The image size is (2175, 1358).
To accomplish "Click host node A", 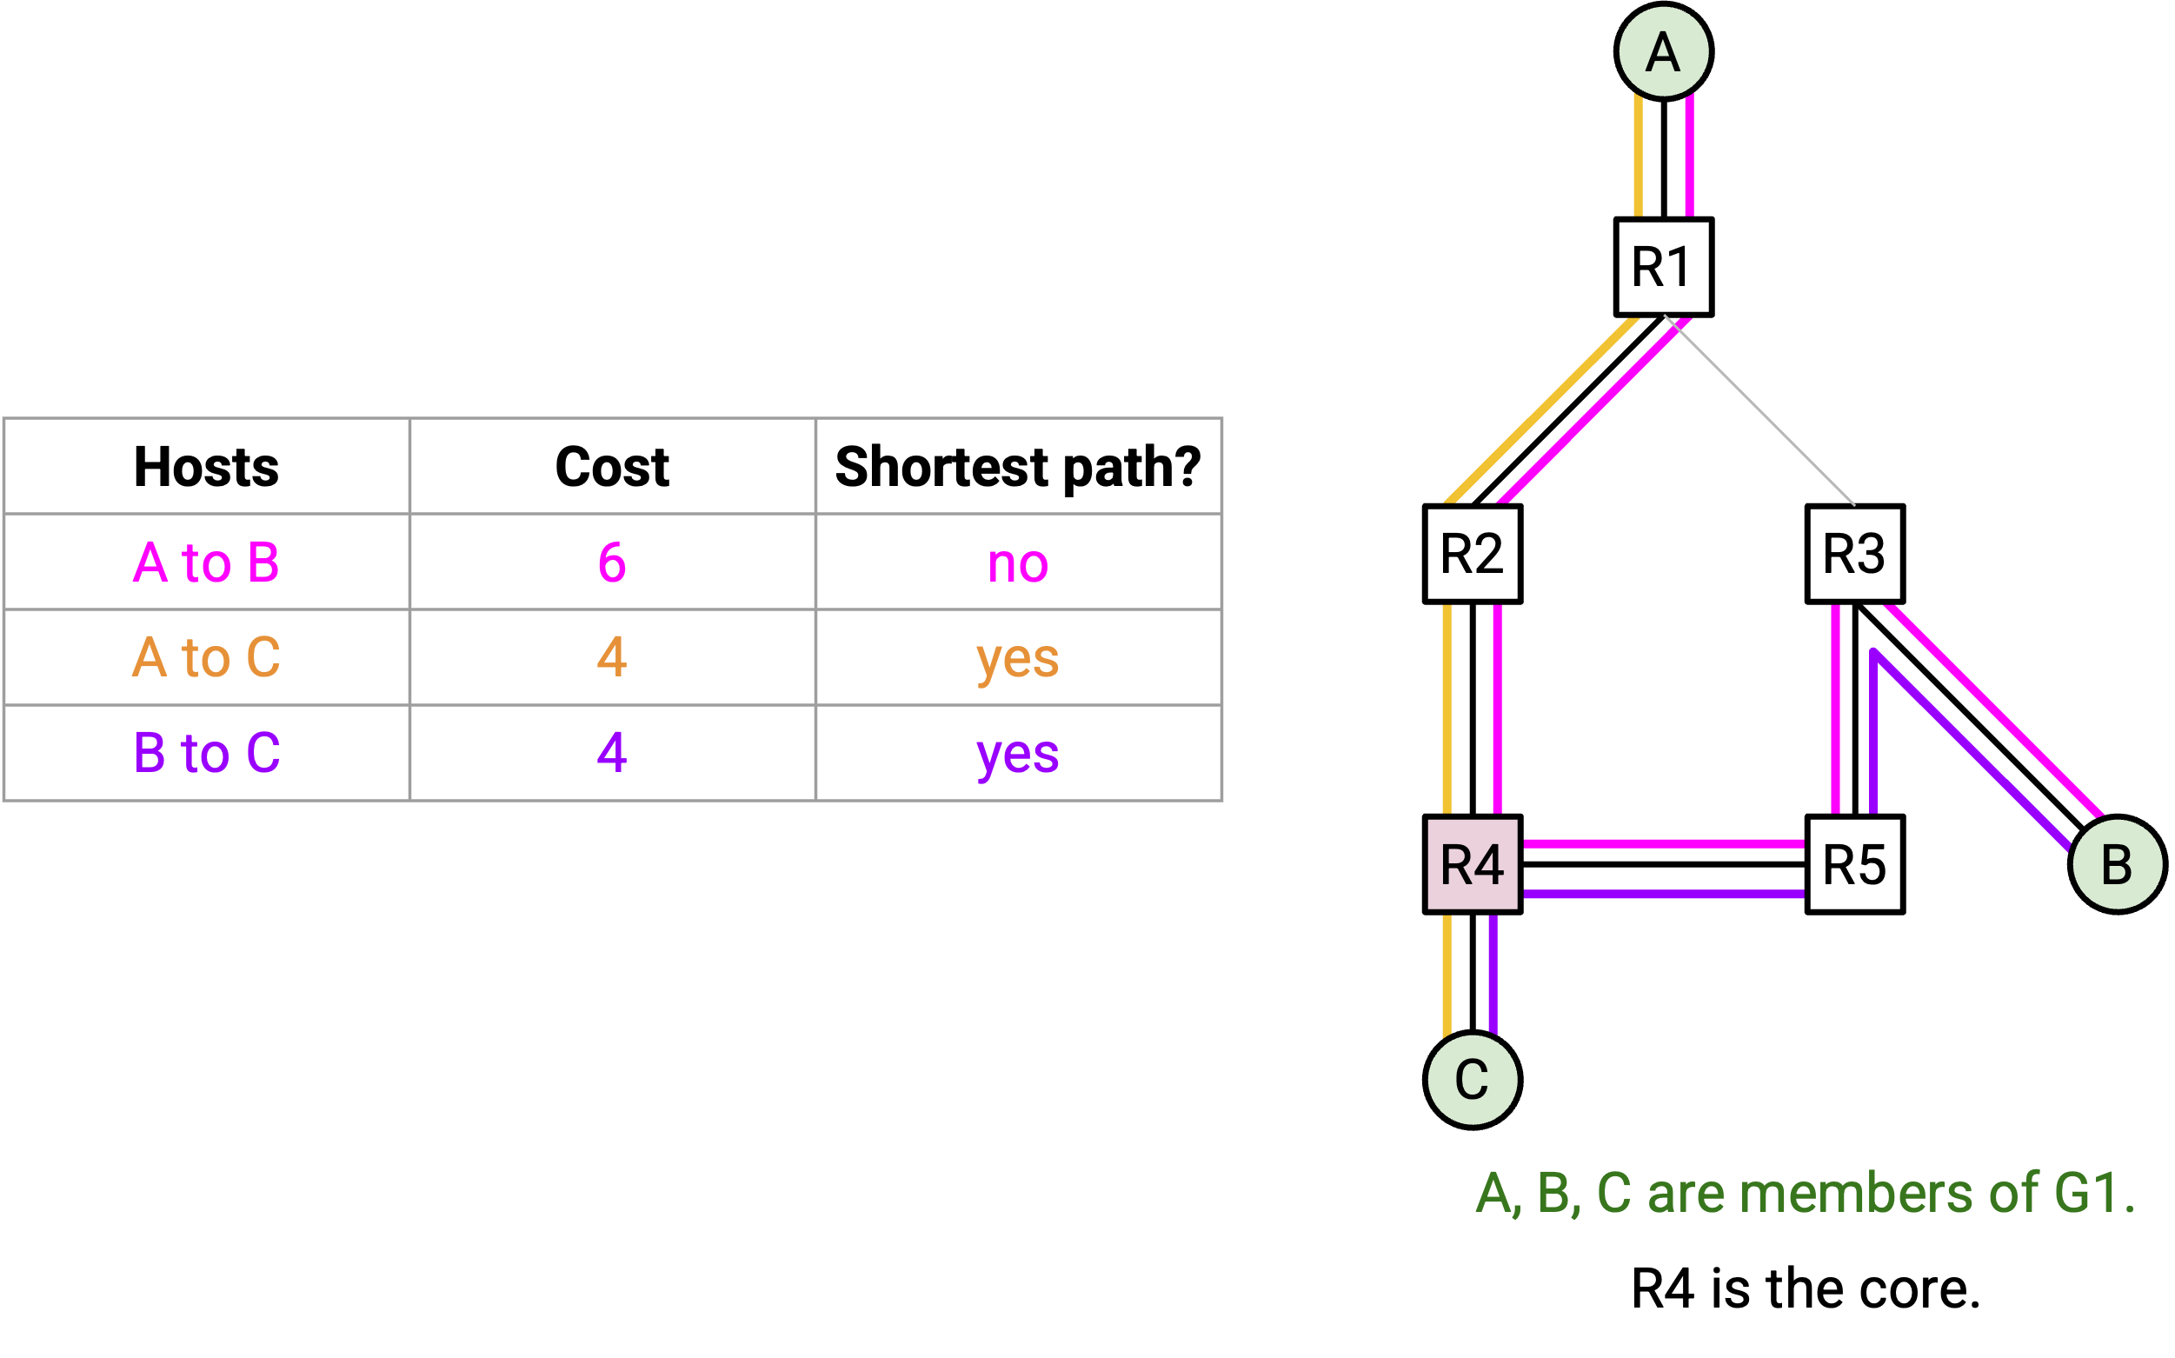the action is pyautogui.click(x=1663, y=51).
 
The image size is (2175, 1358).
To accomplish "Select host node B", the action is pyautogui.click(x=2118, y=864).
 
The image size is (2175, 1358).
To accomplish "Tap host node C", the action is pyautogui.click(x=1473, y=1081).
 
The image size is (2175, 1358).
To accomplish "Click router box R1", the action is pyautogui.click(x=1663, y=267).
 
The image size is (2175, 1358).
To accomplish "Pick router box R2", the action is pyautogui.click(x=1473, y=554).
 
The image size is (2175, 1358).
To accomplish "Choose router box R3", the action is pyautogui.click(x=1855, y=554).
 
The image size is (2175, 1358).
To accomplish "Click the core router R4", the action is pyautogui.click(x=1473, y=864).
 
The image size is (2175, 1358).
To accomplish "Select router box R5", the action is pyautogui.click(x=1855, y=864).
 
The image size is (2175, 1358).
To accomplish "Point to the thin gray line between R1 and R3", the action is pyautogui.click(x=1759, y=410).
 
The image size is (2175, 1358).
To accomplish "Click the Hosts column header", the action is pyautogui.click(x=207, y=467).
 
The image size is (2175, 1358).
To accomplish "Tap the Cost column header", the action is pyautogui.click(x=613, y=467).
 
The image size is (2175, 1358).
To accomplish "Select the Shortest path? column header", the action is pyautogui.click(x=1017, y=468).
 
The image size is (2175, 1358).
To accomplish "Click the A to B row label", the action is pyautogui.click(x=207, y=563).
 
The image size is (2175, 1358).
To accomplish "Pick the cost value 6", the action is pyautogui.click(x=613, y=563).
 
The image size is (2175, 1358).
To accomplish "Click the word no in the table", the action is pyautogui.click(x=1017, y=566).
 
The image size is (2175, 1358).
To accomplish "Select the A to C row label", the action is pyautogui.click(x=207, y=657).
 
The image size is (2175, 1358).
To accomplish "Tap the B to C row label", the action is pyautogui.click(x=207, y=753).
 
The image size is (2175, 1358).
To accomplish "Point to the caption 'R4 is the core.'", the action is pyautogui.click(x=1806, y=1288).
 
